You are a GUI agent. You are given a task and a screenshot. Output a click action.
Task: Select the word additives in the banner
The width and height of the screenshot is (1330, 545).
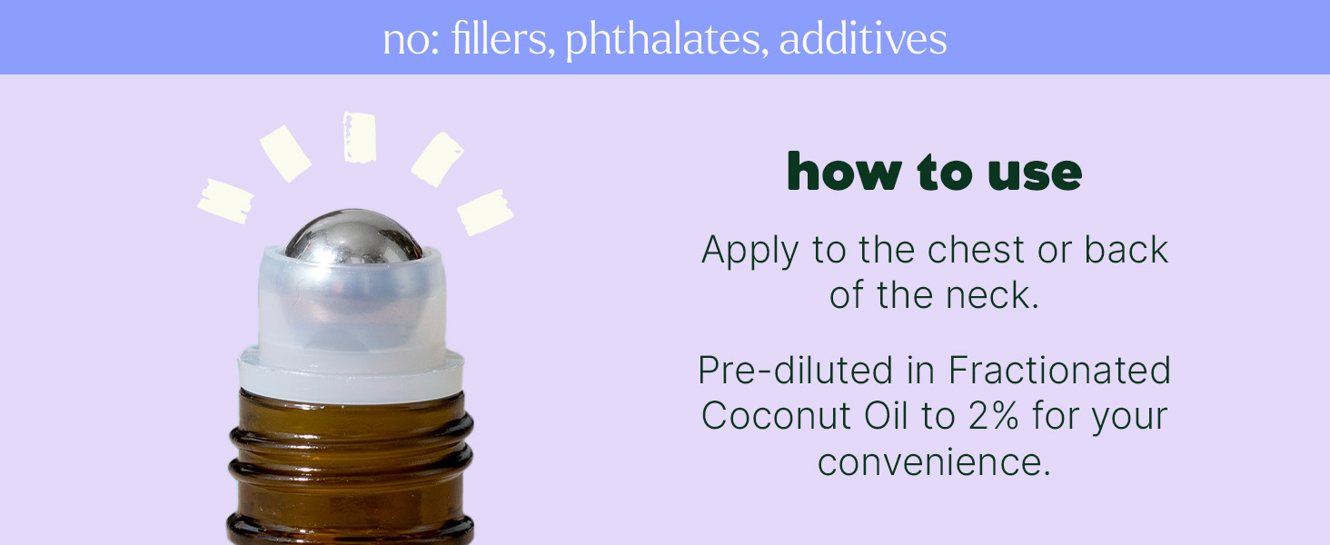click(863, 39)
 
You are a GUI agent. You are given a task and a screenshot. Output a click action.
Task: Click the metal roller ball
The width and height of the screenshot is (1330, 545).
click(354, 237)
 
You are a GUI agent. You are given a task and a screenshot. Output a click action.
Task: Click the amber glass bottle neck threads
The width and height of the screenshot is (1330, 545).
click(351, 469)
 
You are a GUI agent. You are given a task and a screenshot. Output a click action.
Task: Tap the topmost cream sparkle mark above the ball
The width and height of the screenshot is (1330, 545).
click(360, 137)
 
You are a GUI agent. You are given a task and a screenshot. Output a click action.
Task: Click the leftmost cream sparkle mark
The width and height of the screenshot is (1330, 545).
click(225, 202)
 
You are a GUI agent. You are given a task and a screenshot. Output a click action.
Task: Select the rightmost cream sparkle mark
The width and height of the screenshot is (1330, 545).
click(486, 212)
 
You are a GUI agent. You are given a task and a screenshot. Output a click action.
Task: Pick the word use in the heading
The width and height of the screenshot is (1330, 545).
click(1035, 174)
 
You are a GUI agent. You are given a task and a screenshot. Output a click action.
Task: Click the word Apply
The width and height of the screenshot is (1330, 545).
click(749, 251)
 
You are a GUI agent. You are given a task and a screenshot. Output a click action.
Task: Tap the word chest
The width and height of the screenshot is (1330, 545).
click(976, 250)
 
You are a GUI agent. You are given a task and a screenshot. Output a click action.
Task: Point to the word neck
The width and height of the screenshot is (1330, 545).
click(992, 295)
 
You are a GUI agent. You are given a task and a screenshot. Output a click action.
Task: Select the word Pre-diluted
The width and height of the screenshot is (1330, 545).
click(795, 371)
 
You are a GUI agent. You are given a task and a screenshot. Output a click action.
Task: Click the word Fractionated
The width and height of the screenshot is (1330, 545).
click(1059, 371)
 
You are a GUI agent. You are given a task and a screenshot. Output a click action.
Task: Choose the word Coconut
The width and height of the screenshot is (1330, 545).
click(776, 416)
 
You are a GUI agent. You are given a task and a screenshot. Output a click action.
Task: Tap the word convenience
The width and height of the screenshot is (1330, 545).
click(934, 462)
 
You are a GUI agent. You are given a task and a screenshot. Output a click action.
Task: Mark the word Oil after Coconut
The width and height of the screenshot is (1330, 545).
click(886, 416)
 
